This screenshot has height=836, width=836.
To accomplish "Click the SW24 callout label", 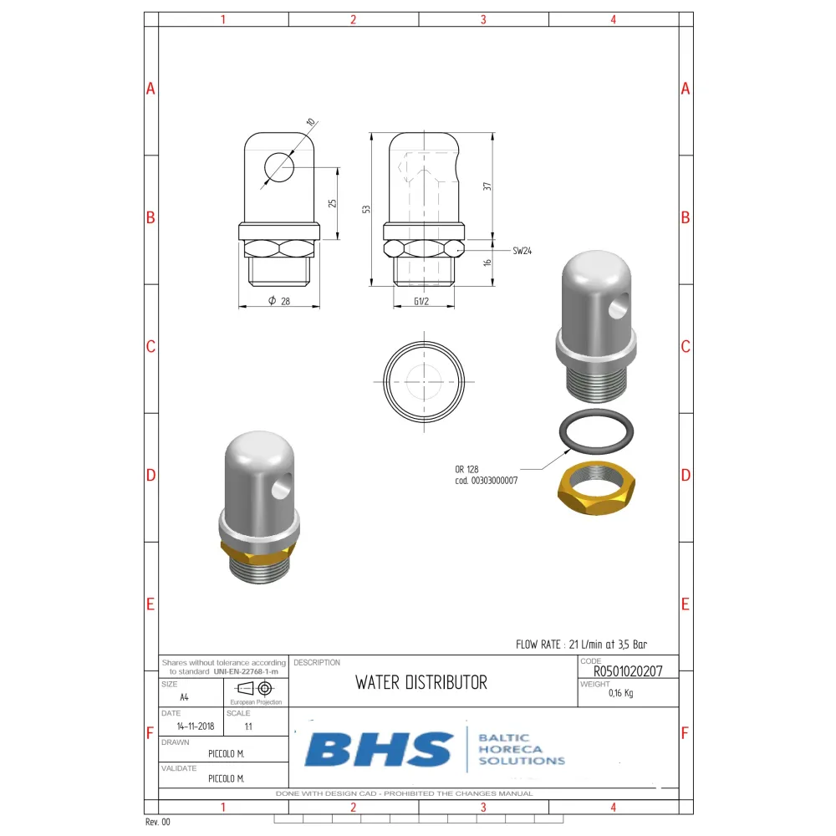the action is click(x=522, y=251).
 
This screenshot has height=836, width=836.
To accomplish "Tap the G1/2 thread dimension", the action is click(x=421, y=301).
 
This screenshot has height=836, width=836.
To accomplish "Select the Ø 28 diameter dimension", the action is click(x=279, y=301).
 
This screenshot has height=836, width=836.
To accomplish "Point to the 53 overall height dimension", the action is click(x=366, y=209).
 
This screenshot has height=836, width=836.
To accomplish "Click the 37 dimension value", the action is click(x=487, y=186).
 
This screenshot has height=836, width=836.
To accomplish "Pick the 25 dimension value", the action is click(x=332, y=203).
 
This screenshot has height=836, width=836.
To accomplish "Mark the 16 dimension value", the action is click(x=487, y=263).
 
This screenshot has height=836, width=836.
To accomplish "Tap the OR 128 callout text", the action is click(x=466, y=469).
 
